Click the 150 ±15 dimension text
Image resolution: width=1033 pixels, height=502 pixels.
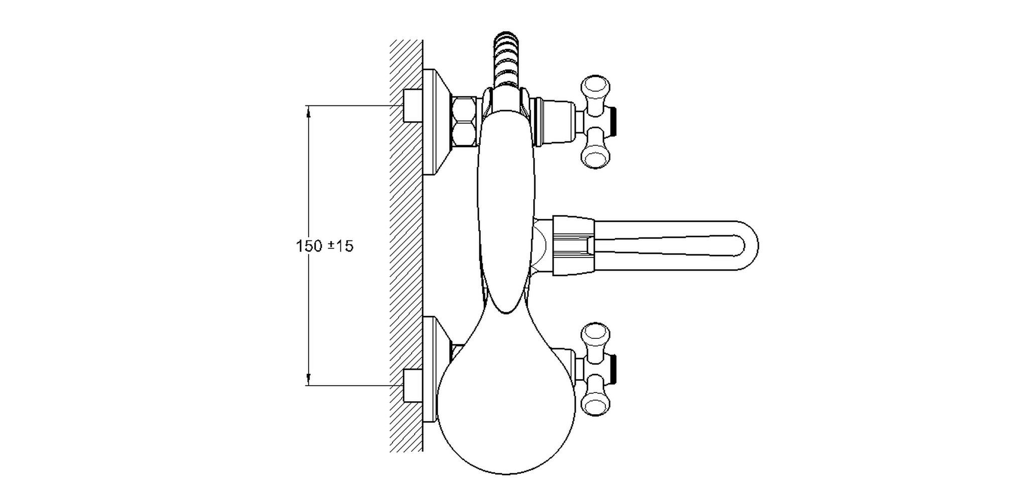pos(325,246)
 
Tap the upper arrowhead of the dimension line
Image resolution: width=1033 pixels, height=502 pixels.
pos(308,112)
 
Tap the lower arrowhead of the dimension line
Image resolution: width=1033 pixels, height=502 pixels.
pos(308,379)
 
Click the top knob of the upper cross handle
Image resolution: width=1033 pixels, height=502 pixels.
pos(595,87)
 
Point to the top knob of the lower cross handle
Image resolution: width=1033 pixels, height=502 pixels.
pos(595,333)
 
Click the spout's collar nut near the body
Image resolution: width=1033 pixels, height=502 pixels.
pos(572,246)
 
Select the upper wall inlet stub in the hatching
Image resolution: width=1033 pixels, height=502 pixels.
pos(413,105)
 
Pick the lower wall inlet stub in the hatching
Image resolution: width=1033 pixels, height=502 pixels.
pos(413,386)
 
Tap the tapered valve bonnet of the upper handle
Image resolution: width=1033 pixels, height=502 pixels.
pos(555,122)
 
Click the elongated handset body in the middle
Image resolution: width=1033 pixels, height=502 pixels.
pos(506,211)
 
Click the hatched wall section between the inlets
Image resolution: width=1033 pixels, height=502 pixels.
pos(406,246)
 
